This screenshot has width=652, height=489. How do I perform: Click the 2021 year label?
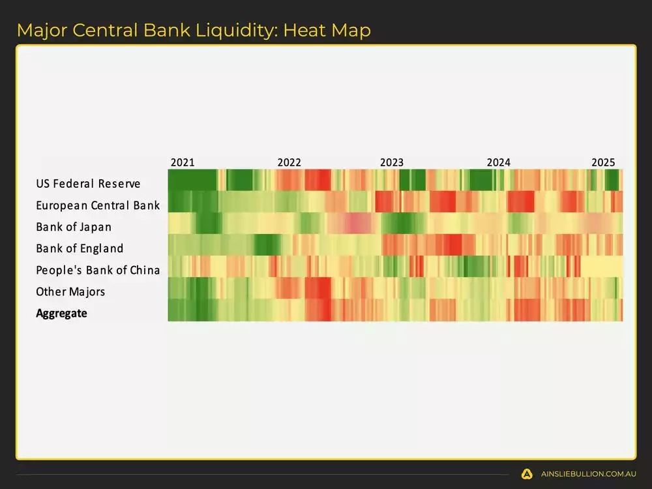[x=182, y=162]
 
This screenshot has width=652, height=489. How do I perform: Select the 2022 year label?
[x=289, y=162]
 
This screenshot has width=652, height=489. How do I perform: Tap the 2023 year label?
[x=392, y=162]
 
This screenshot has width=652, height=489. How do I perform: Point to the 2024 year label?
[x=499, y=162]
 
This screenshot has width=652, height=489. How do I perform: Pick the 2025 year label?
[x=603, y=162]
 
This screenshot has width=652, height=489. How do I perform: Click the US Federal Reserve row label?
[x=88, y=184]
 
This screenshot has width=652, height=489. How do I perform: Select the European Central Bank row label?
[x=98, y=205]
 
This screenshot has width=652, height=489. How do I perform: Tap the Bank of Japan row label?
[x=74, y=227]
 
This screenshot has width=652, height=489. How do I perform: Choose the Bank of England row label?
[x=80, y=248]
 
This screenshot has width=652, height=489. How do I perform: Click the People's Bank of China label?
[x=98, y=270]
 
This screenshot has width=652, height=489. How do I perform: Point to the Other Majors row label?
[x=70, y=291]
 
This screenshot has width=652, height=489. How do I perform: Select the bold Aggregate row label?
[x=61, y=313]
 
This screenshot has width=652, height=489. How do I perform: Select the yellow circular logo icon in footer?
[x=527, y=474]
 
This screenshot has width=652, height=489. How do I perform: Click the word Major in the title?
[x=40, y=30]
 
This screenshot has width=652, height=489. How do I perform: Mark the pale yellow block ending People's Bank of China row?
[x=601, y=267]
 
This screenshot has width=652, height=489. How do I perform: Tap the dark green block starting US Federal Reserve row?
[x=192, y=180]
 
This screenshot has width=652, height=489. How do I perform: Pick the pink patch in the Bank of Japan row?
[x=355, y=224]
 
